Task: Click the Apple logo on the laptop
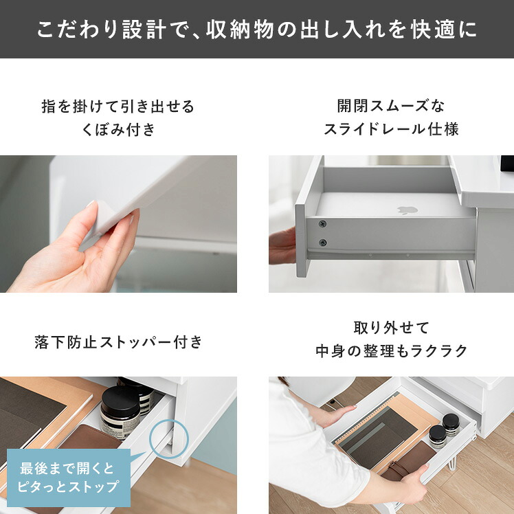tap(407, 210)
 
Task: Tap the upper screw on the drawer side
tap(322, 224)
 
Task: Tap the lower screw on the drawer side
tap(322, 243)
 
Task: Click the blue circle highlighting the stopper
tap(169, 439)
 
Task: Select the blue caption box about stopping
tap(69, 478)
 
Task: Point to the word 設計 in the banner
tap(144, 30)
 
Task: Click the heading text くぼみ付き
tap(118, 129)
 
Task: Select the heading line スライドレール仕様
tap(391, 128)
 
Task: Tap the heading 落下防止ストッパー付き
tap(119, 342)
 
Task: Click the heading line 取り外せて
tap(392, 328)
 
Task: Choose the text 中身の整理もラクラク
tap(392, 350)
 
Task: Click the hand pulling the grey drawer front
tap(282, 246)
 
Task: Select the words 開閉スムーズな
tap(391, 106)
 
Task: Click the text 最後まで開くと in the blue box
tap(67, 469)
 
